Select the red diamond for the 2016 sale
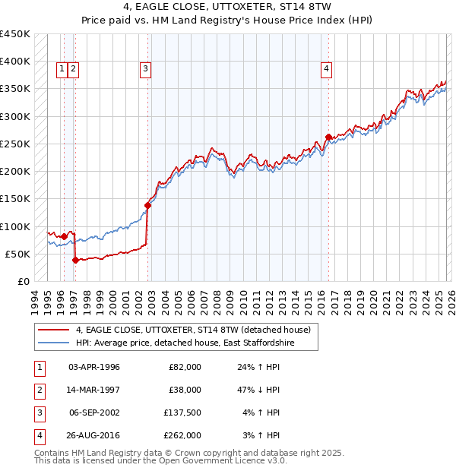coord(328,138)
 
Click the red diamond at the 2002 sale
coord(148,205)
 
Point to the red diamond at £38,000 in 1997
coord(75,260)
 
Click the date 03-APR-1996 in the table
coord(94,367)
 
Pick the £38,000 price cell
coord(185,390)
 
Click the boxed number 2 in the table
coord(38,390)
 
